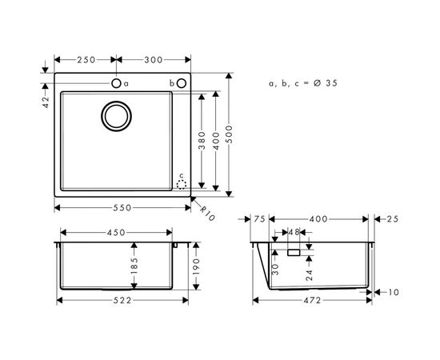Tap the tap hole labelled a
tap(116, 83)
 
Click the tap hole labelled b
tap(182, 83)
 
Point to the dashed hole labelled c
tap(182, 183)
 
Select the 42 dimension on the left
tap(46, 102)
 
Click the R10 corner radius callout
tap(206, 214)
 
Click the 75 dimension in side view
tap(259, 218)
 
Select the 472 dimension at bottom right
tap(312, 300)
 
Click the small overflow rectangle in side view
tap(294, 252)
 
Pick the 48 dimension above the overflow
tap(294, 233)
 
